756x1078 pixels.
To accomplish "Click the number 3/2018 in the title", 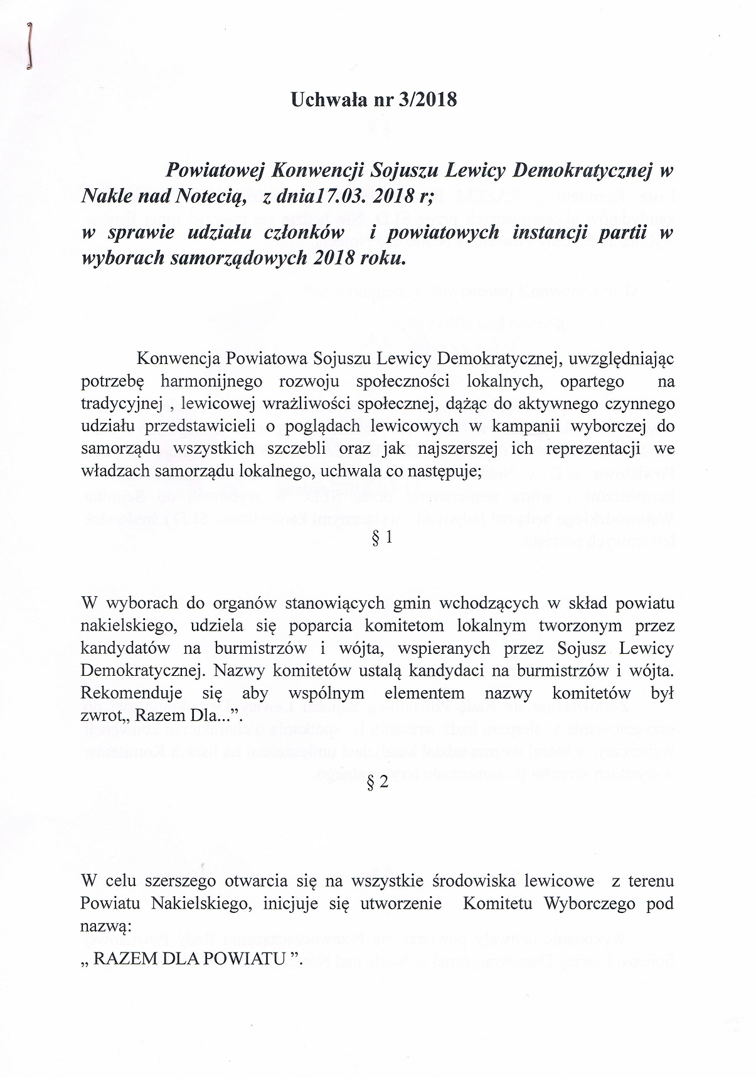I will click(x=427, y=99).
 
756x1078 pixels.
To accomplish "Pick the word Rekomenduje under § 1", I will click(x=132, y=693).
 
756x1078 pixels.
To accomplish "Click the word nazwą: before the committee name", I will click(x=105, y=926).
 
